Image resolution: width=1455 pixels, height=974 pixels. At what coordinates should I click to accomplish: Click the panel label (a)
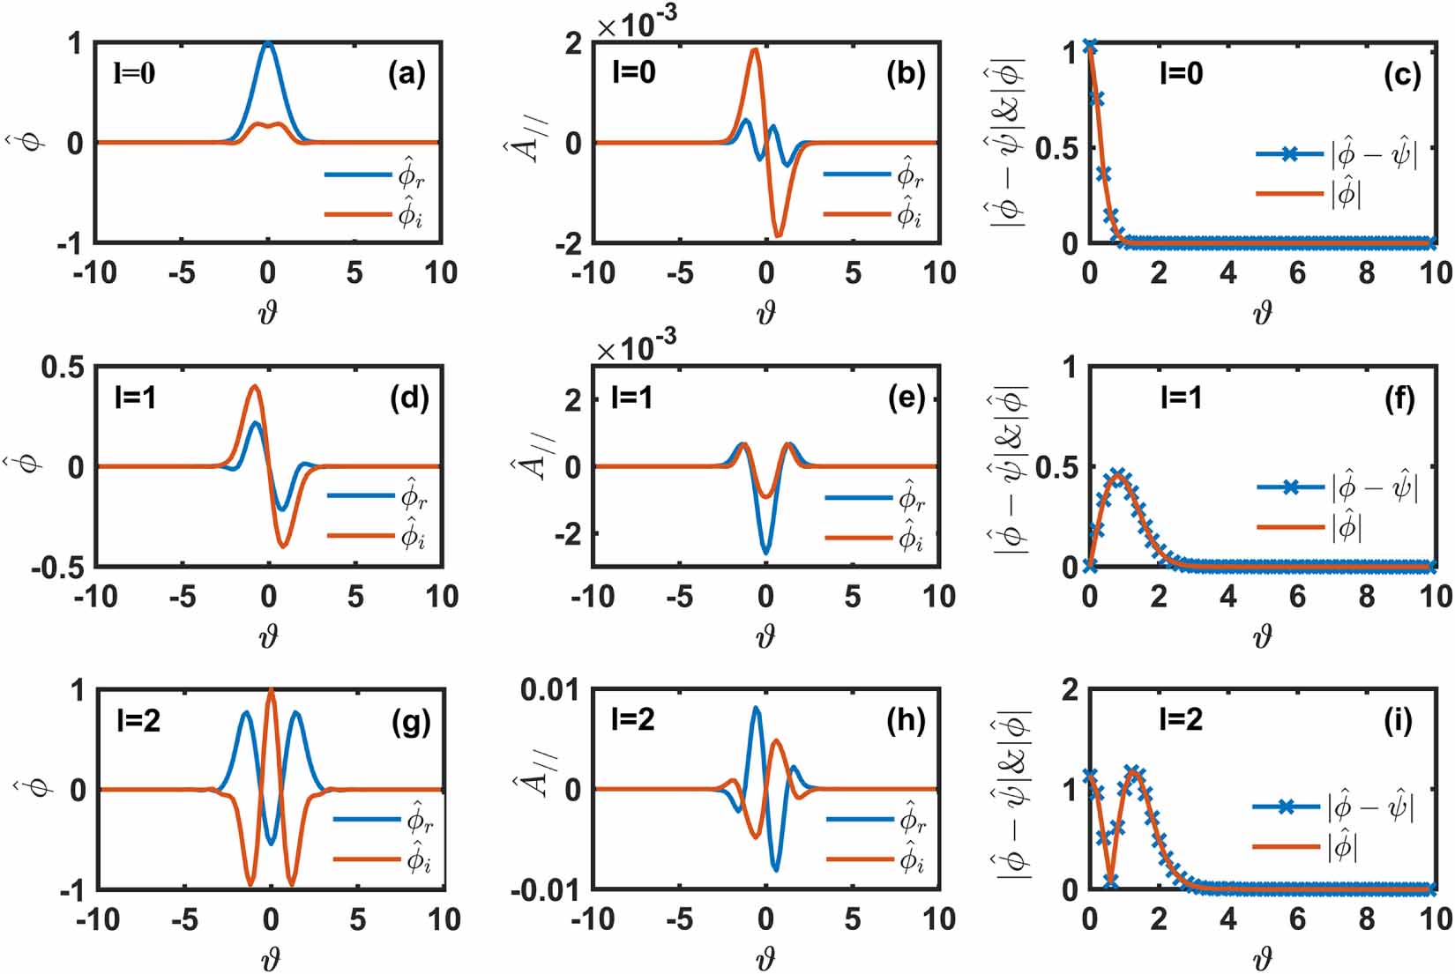407,75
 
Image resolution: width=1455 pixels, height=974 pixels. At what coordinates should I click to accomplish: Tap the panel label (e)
907,398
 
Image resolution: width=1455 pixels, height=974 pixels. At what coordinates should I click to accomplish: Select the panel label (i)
1398,721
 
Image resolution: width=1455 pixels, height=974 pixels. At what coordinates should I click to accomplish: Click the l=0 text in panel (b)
634,72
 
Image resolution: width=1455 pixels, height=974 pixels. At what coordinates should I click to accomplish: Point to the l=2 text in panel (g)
138,722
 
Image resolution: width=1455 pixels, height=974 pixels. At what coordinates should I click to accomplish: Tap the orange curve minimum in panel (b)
778,235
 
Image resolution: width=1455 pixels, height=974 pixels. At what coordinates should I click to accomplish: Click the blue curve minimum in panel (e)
765,553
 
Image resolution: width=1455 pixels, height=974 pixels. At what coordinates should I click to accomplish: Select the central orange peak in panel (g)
271,691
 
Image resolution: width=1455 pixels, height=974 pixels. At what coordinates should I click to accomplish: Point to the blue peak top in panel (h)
756,707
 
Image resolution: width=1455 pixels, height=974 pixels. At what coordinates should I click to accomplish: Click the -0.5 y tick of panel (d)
57,568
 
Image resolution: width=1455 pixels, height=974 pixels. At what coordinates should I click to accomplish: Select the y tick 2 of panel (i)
1070,689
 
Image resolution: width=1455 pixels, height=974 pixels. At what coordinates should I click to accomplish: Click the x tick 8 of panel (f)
1366,597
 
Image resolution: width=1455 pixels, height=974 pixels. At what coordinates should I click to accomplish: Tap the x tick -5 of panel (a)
181,273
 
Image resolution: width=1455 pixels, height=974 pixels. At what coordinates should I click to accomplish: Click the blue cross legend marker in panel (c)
1289,155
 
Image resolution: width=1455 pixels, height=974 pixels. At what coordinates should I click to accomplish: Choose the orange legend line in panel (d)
360,535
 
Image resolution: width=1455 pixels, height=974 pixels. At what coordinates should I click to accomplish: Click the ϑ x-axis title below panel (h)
765,958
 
